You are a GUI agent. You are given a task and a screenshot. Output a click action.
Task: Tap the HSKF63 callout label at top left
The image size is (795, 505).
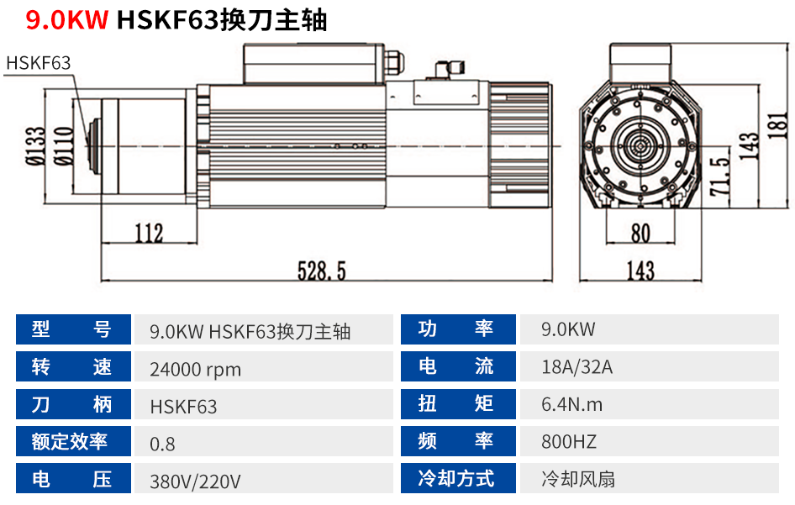click(38, 63)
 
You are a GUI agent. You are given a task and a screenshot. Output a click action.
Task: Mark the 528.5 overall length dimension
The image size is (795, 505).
click(322, 271)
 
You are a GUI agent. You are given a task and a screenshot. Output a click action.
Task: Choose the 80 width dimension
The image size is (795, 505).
click(640, 232)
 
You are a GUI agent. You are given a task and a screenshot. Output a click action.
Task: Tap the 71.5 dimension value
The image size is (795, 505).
click(719, 176)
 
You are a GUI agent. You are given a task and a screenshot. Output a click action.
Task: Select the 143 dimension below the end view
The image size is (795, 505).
click(640, 271)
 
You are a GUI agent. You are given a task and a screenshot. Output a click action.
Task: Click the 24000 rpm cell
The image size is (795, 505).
click(195, 369)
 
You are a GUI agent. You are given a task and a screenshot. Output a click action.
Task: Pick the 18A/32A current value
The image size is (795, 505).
click(577, 367)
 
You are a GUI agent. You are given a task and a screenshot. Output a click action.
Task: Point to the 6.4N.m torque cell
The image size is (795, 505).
click(572, 404)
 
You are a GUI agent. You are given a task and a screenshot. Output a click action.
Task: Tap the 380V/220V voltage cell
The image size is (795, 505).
click(195, 481)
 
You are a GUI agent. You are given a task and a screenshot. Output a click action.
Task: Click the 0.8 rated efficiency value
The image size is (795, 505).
click(162, 444)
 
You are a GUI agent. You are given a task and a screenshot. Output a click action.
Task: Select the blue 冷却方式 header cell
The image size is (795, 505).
click(456, 479)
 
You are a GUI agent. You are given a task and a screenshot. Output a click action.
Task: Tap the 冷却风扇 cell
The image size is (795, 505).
click(578, 479)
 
